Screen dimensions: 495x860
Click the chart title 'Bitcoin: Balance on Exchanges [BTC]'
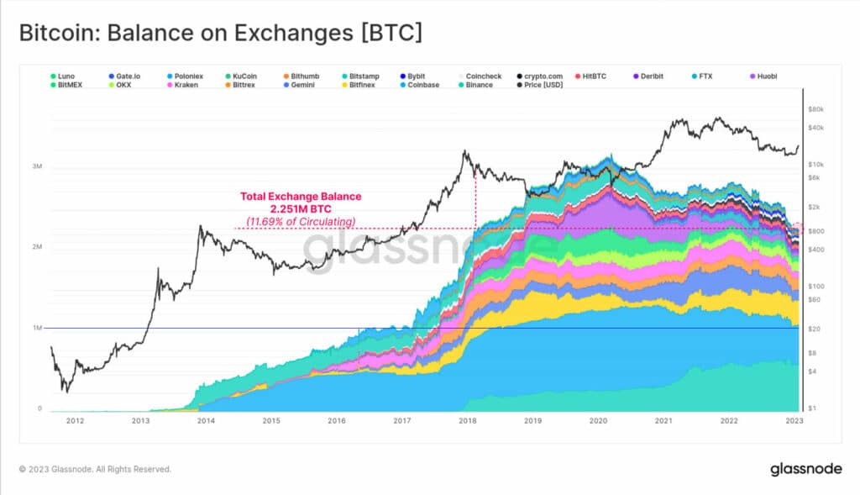point(220,34)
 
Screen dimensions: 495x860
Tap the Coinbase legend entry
point(422,85)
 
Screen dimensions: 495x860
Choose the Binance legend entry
point(479,85)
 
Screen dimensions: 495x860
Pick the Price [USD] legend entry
point(545,85)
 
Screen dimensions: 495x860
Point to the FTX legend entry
point(705,76)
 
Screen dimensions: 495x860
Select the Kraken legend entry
point(186,85)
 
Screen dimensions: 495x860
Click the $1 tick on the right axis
point(812,408)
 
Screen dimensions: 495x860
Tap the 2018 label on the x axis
point(467,421)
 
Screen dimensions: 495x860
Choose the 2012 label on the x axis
point(75,421)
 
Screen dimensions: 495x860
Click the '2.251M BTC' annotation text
point(301,208)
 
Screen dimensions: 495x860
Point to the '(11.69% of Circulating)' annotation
point(300,221)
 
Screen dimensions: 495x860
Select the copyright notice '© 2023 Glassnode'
point(95,469)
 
